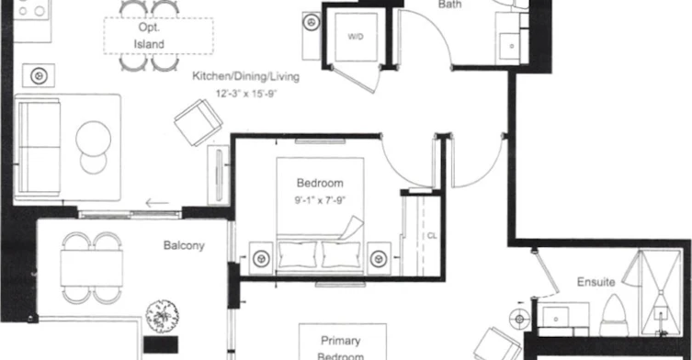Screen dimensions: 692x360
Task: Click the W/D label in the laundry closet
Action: [x=356, y=37]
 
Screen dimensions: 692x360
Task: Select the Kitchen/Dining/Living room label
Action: [x=245, y=76]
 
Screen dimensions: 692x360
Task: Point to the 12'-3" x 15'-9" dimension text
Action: [x=245, y=94]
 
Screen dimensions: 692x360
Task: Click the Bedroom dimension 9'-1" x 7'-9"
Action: [x=320, y=200]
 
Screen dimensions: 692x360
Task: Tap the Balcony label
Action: [x=184, y=245]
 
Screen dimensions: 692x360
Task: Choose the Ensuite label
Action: [x=596, y=281]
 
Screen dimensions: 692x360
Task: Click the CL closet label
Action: [x=432, y=236]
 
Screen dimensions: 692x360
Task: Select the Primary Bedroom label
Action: [x=340, y=349]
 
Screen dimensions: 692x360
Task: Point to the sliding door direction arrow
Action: [x=157, y=203]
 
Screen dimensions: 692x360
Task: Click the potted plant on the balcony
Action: [x=162, y=316]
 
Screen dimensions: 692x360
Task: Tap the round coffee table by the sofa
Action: [x=93, y=139]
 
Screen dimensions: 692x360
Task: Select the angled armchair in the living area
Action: [x=199, y=122]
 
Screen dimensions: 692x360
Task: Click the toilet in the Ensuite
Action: [x=614, y=316]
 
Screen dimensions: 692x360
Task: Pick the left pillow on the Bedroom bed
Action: [x=298, y=254]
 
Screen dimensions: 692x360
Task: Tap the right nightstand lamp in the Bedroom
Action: [x=379, y=259]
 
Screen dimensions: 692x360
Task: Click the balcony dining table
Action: [x=92, y=268]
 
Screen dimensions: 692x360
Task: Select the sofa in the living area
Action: [x=39, y=148]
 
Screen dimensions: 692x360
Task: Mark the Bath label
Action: [x=449, y=5]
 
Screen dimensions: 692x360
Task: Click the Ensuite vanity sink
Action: [x=556, y=316]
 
